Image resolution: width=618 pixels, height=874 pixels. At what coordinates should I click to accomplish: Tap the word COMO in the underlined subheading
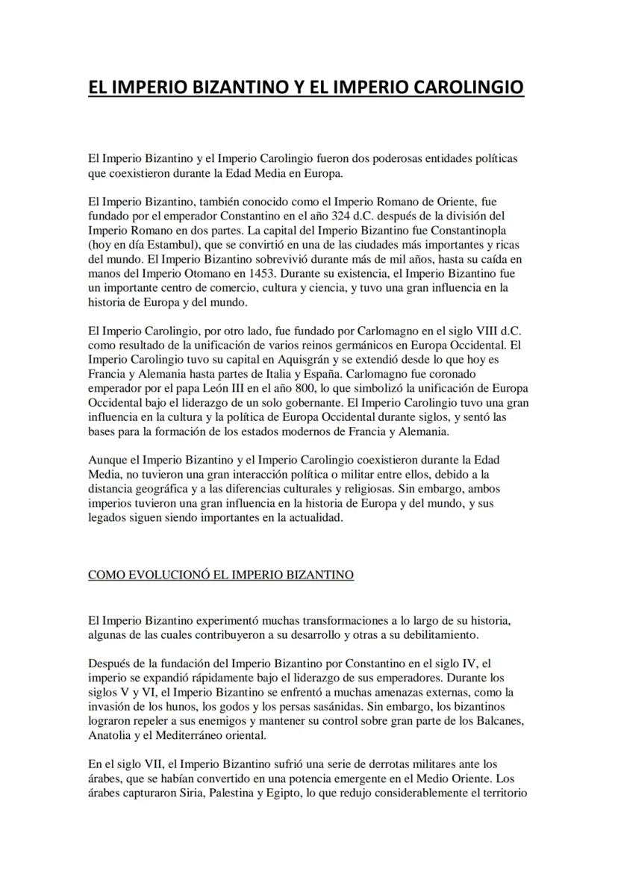[x=103, y=575]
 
